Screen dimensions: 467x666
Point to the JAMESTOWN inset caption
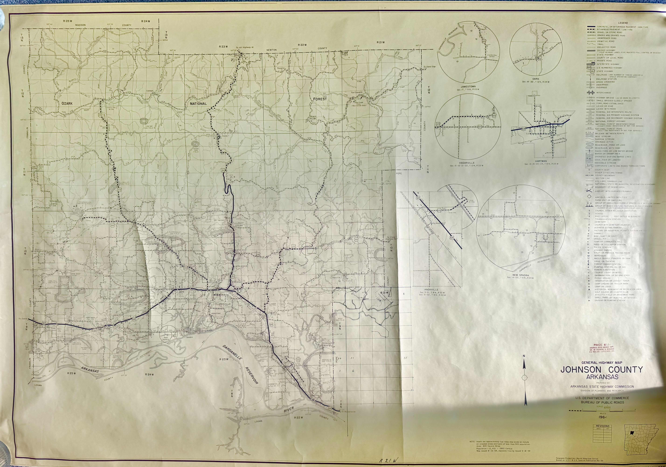pyautogui.click(x=468, y=86)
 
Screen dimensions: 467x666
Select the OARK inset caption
pyautogui.click(x=535, y=79)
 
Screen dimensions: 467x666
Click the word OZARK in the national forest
pyautogui.click(x=67, y=103)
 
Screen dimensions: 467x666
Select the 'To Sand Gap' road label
pyautogui.click(x=429, y=67)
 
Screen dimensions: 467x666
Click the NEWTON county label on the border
pyautogui.click(x=272, y=50)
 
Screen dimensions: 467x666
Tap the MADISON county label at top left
pyautogui.click(x=80, y=25)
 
